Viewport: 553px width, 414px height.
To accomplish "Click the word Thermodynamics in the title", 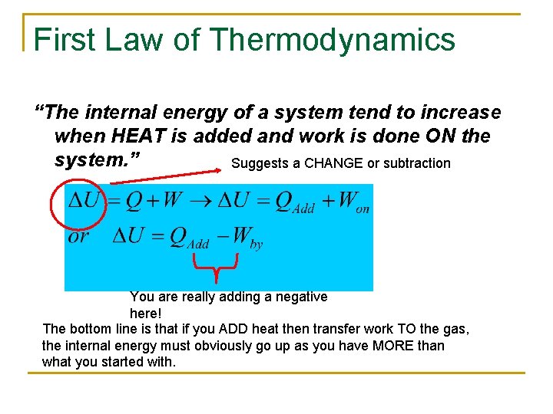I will (332, 40).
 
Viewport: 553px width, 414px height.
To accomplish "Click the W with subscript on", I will (353, 203).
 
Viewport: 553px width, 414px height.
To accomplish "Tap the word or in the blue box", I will (79, 235).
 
